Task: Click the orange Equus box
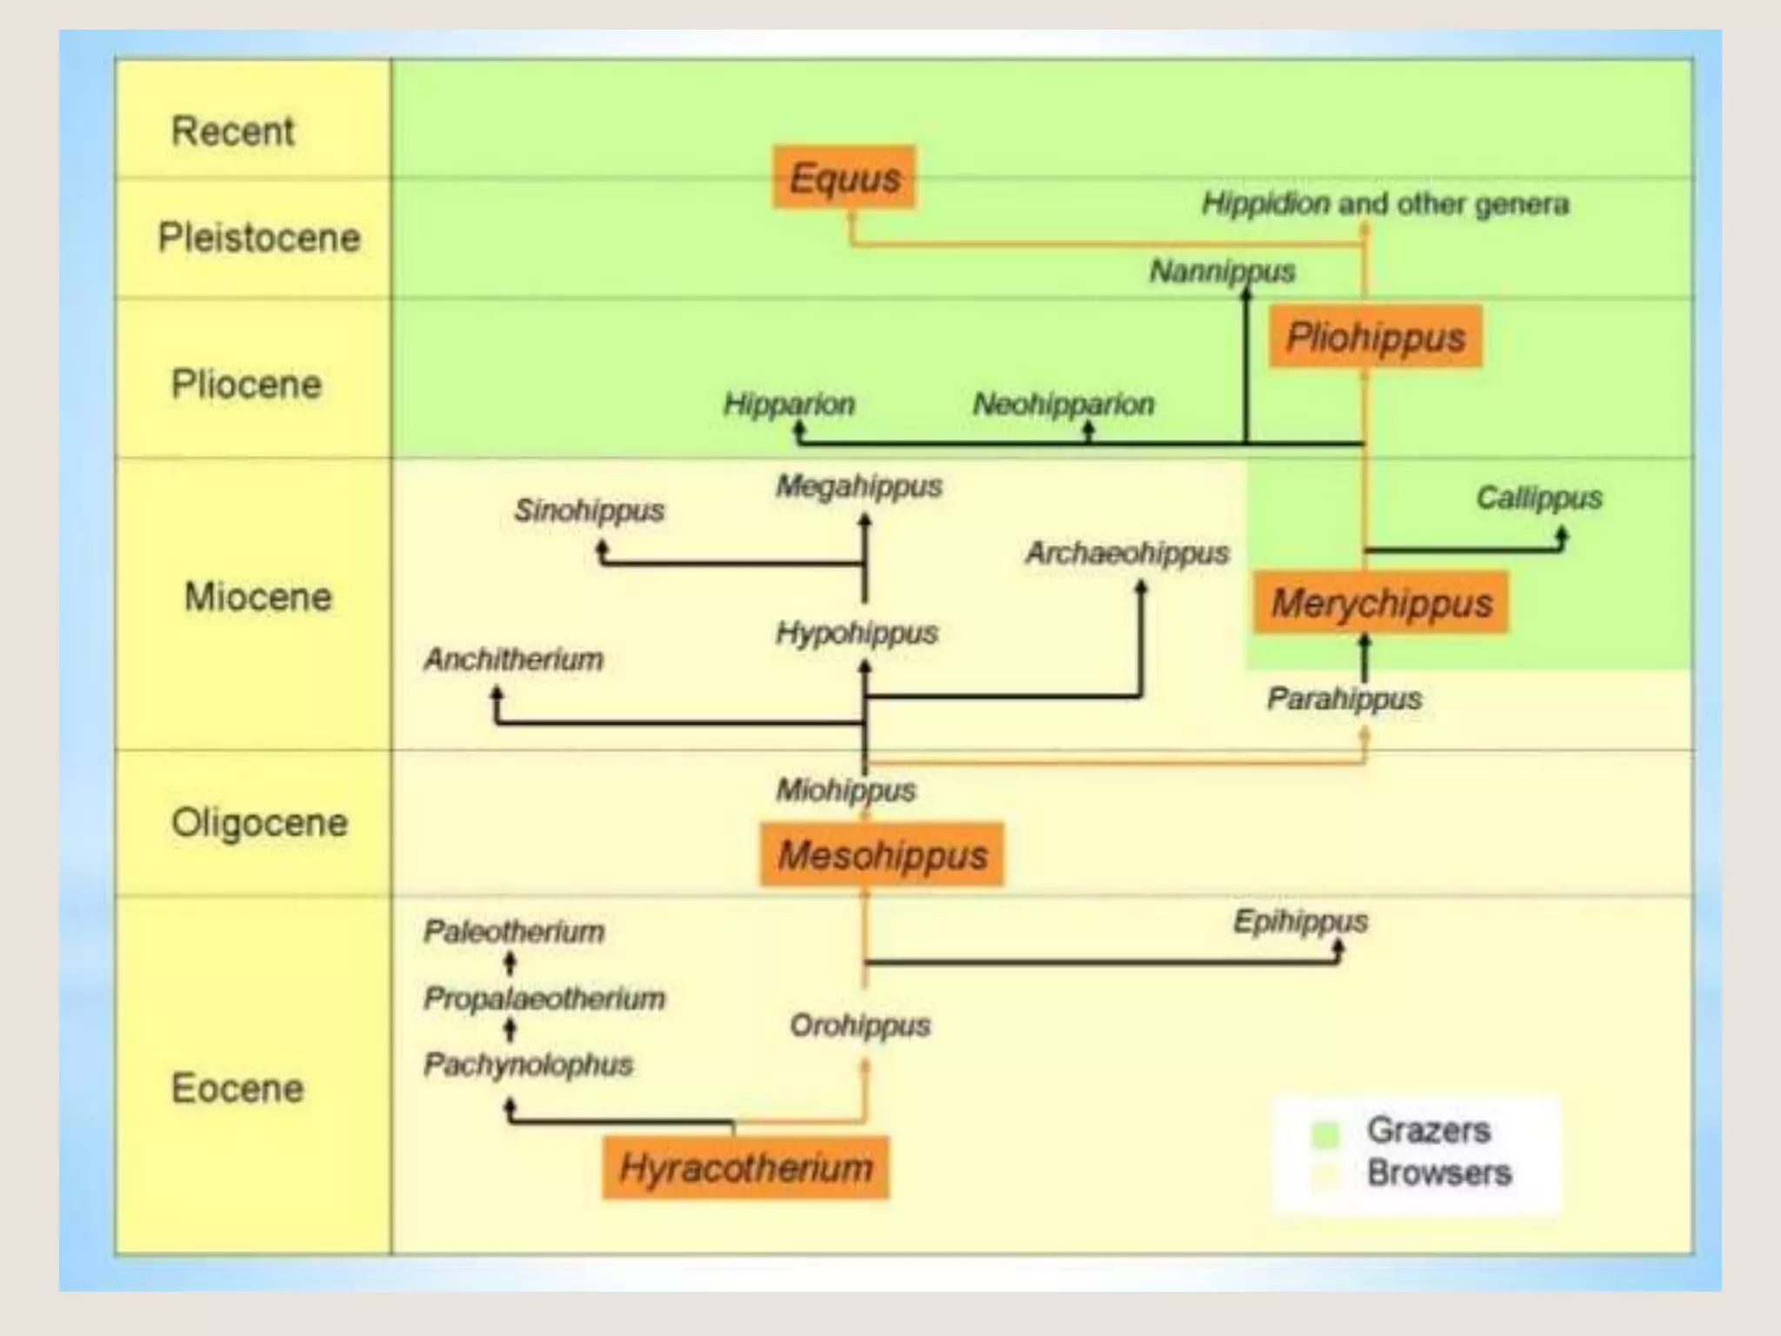[x=844, y=178]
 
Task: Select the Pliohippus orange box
[x=1375, y=337]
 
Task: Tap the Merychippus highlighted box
[x=1380, y=602]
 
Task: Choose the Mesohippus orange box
[x=882, y=854]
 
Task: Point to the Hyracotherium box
[x=745, y=1166]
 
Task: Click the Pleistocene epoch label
[x=258, y=237]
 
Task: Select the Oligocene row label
[x=259, y=822]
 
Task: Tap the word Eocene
[x=237, y=1087]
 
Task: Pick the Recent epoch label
[x=232, y=131]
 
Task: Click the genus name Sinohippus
[x=589, y=510]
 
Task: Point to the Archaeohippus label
[x=1127, y=552]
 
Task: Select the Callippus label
[x=1538, y=498]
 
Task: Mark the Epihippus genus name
[x=1300, y=921]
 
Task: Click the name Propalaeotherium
[x=544, y=998]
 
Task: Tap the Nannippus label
[x=1222, y=271]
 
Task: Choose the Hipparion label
[x=789, y=404]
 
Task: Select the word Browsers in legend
[x=1438, y=1172]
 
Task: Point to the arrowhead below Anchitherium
[x=497, y=694]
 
